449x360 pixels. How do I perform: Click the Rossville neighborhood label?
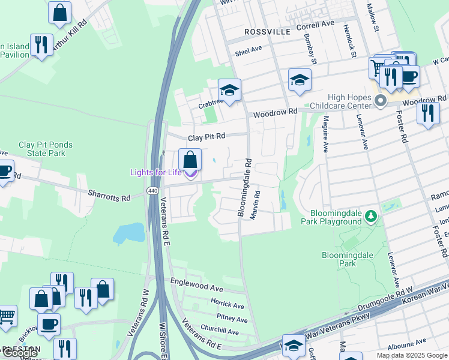(267, 31)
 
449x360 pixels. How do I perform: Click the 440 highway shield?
(152, 191)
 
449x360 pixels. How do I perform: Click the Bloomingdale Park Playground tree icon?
(372, 215)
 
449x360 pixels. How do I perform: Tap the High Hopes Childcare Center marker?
(379, 101)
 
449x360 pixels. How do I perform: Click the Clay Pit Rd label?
(206, 137)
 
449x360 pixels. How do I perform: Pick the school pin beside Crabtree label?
(229, 91)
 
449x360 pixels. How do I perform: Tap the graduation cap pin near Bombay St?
(300, 80)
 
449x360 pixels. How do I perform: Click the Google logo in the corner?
(20, 353)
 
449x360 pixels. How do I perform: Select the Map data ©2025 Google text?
(412, 355)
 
